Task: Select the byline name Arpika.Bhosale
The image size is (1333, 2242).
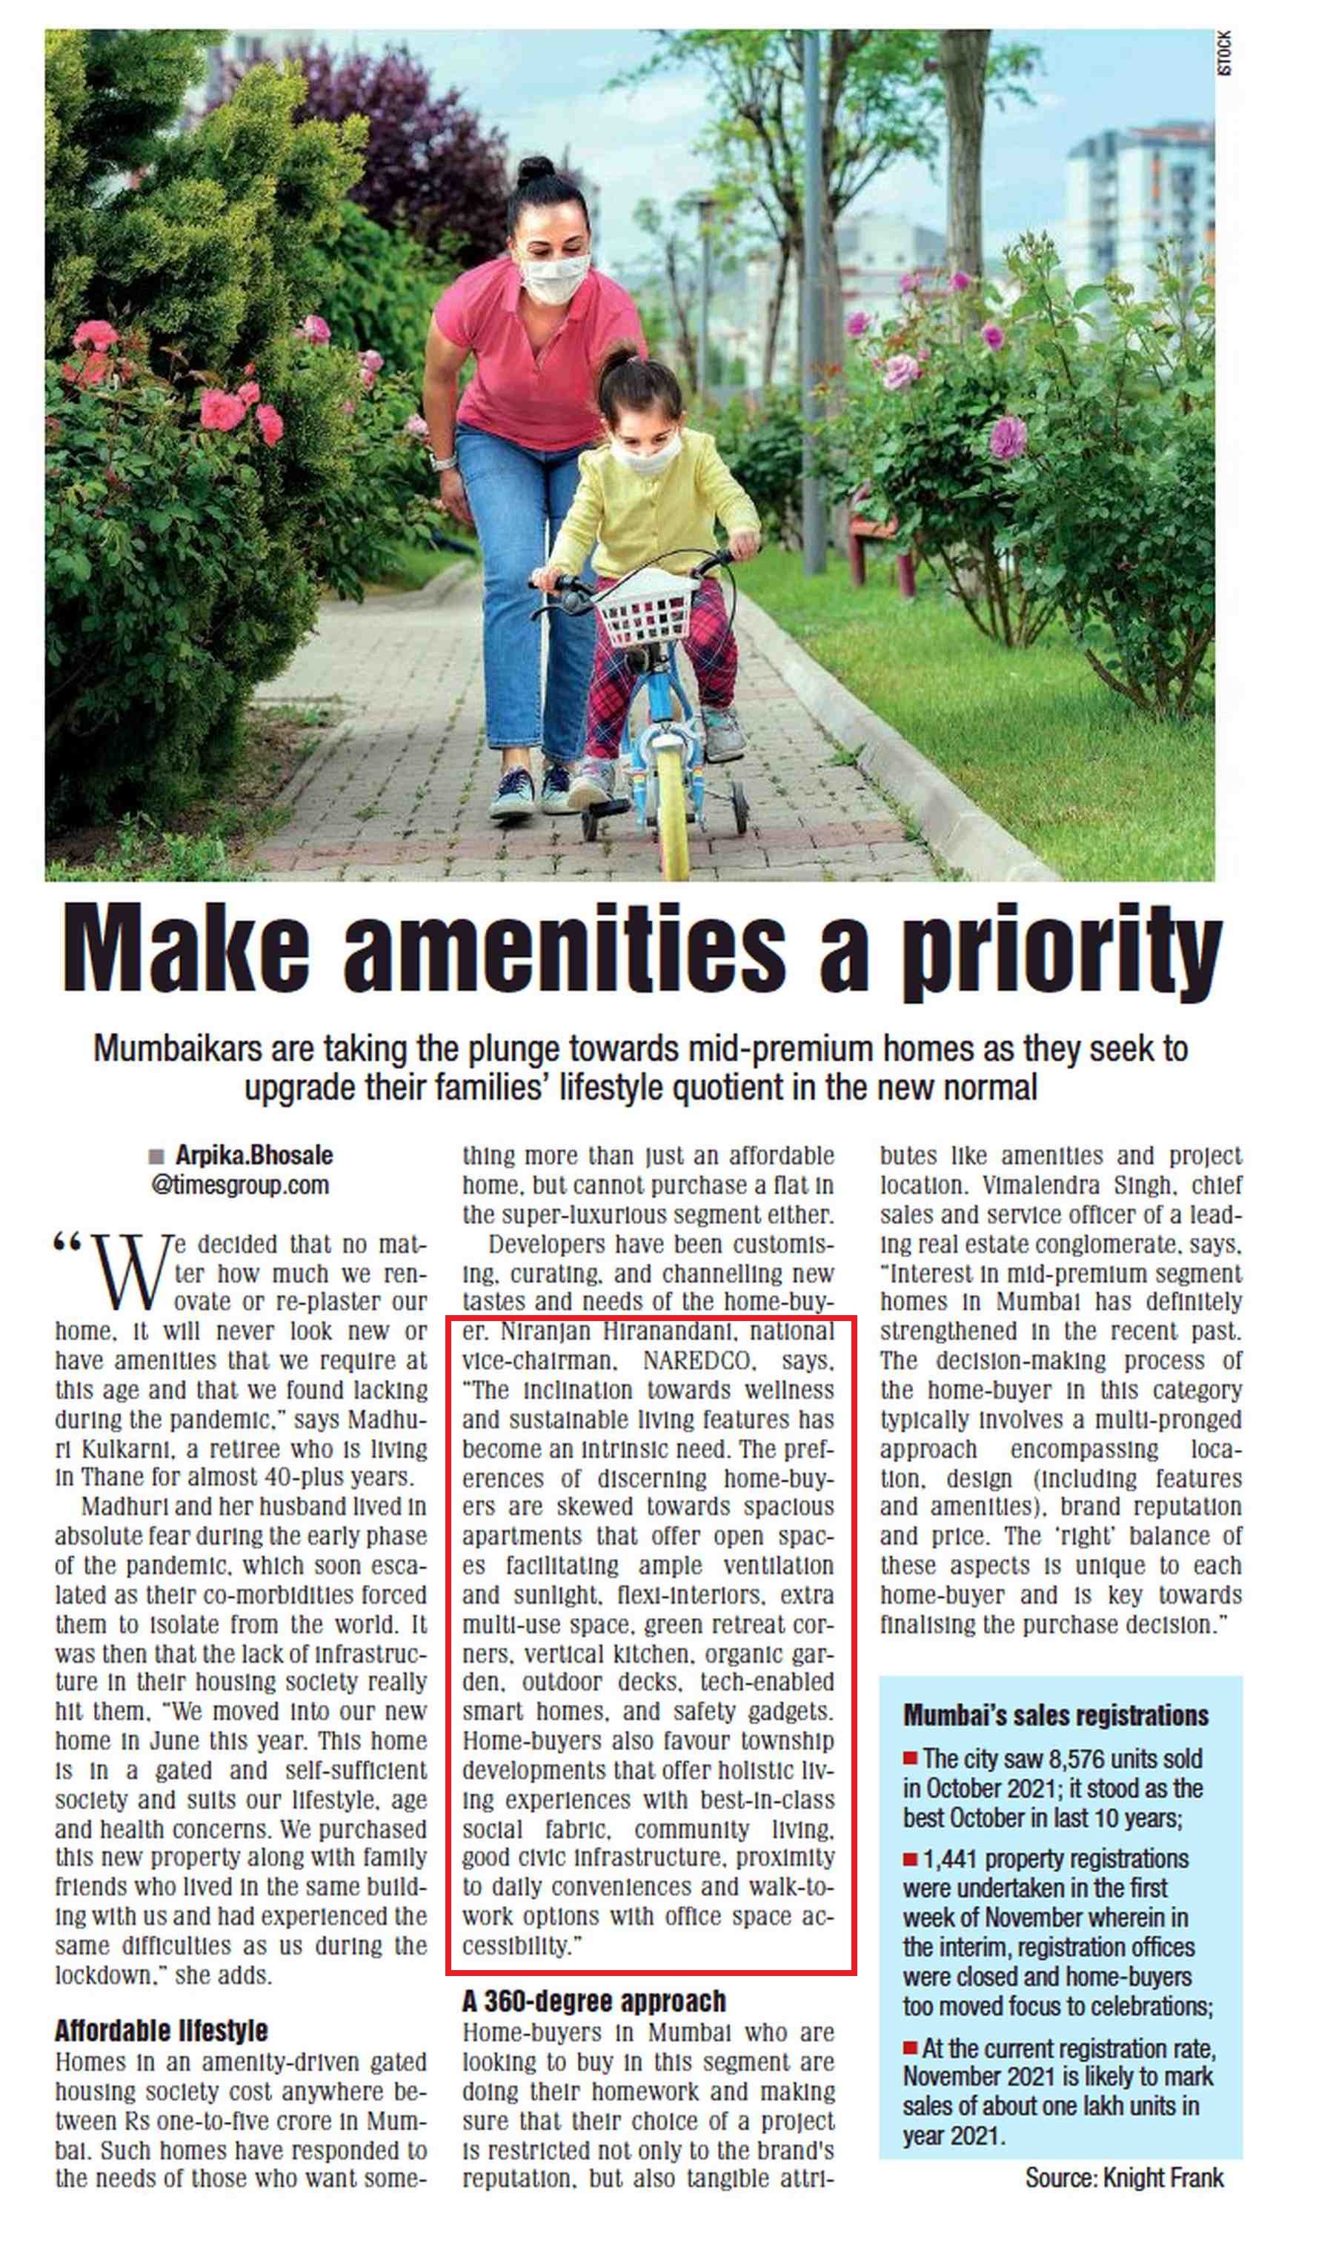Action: click(254, 1155)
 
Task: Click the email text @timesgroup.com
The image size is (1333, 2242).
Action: click(240, 1185)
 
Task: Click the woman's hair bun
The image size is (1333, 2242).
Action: click(536, 170)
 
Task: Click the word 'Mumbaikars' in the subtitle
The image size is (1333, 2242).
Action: click(169, 1048)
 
